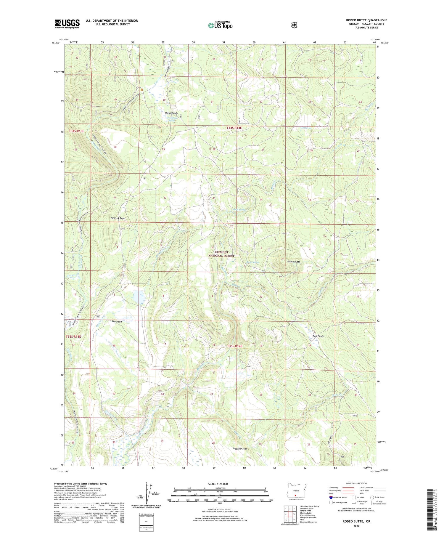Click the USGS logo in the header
(x=67, y=24)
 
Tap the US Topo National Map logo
(x=220, y=25)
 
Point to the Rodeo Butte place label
(x=294, y=262)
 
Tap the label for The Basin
(x=117, y=321)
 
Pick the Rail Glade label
(x=318, y=336)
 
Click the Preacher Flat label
(x=239, y=449)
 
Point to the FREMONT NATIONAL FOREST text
(x=221, y=254)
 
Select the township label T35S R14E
(x=234, y=346)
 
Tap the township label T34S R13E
(x=77, y=131)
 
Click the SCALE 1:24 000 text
(x=220, y=484)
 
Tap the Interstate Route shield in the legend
(x=331, y=497)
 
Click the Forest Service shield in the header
(x=294, y=25)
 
